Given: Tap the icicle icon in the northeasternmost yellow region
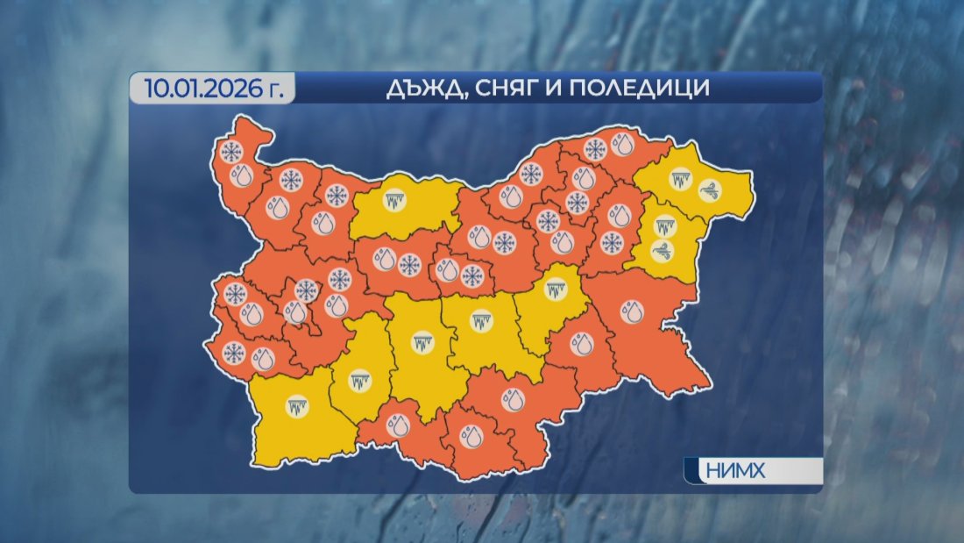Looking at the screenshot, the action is [679, 181].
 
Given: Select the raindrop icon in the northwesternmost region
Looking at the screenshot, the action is [241, 176].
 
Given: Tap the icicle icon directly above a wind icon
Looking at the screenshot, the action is [665, 226].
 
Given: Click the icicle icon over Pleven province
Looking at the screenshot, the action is [394, 199].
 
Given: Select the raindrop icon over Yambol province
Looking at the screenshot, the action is [580, 344].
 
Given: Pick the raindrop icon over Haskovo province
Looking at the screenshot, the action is [512, 399].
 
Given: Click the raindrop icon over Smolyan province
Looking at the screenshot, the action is [399, 427].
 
